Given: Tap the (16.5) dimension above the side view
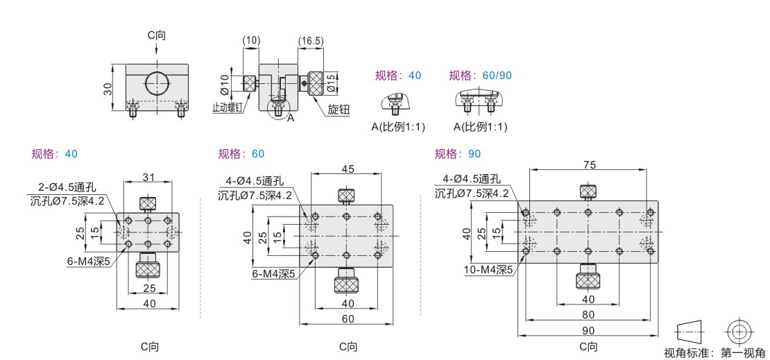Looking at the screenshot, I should (311, 41).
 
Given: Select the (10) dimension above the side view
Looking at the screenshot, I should (251, 41).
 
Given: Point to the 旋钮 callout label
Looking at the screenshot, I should (338, 110).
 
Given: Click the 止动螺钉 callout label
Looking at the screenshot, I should (228, 108).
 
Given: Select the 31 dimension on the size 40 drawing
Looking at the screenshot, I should (148, 177).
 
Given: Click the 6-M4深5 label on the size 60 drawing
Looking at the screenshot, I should (274, 273).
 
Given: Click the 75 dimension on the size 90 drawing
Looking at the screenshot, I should (588, 165).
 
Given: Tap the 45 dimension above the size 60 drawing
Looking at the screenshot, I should (347, 169).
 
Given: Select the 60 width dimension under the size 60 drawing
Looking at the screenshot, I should (347, 318).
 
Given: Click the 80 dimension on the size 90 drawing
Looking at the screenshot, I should (588, 314).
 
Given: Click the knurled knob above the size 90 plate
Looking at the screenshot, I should (588, 191).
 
